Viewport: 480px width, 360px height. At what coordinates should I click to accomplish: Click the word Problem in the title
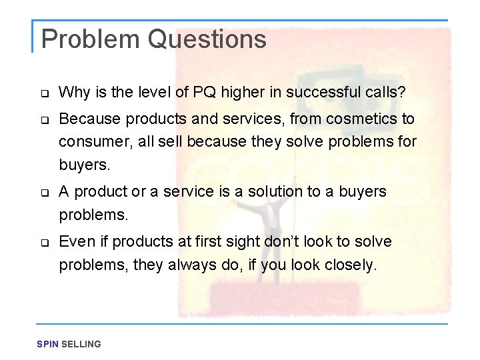click(x=91, y=40)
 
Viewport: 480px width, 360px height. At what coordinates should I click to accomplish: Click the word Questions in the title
click(x=207, y=40)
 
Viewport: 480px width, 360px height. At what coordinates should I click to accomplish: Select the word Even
click(x=73, y=241)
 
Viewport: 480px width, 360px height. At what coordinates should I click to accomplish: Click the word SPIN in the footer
click(x=48, y=344)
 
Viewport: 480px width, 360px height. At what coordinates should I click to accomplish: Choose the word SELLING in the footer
click(x=81, y=344)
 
